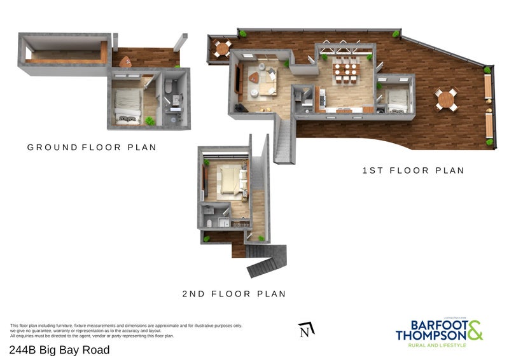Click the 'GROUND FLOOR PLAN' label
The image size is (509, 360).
[92, 147]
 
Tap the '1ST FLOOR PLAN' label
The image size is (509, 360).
[413, 170]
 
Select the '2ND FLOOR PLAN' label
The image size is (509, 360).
[234, 294]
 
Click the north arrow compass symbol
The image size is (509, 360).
[306, 329]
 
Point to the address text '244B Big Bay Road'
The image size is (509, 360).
[59, 350]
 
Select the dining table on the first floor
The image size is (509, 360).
[346, 71]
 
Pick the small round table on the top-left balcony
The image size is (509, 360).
[222, 48]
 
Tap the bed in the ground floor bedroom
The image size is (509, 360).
[128, 105]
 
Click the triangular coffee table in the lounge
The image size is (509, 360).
[254, 78]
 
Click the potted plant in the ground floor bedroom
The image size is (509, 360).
[150, 120]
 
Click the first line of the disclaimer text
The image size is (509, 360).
[126, 326]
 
